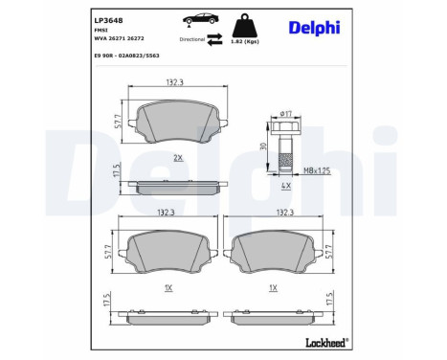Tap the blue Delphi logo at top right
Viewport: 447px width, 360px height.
[315, 27]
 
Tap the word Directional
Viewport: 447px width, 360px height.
[193, 39]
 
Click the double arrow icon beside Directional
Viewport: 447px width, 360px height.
[215, 39]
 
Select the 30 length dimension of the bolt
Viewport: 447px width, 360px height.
[263, 146]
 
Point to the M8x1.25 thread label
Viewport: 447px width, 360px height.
[318, 170]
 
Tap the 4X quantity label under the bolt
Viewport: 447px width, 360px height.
[285, 186]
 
